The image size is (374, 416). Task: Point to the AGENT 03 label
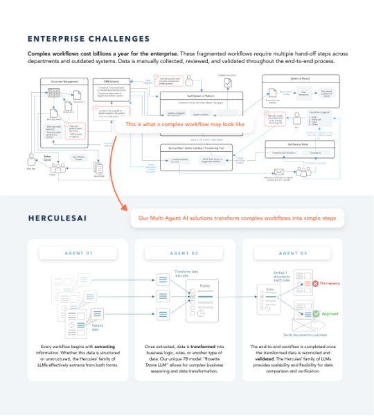click(295, 254)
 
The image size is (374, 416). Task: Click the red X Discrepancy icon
click(314, 284)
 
